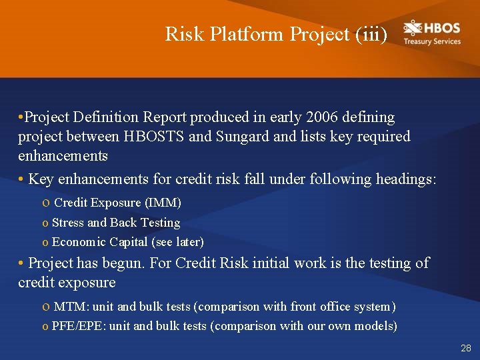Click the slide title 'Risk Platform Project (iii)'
276,34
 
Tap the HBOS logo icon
413,29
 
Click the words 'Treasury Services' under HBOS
432,41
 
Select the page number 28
465,348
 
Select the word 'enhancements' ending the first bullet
63,156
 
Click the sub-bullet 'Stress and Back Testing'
116,222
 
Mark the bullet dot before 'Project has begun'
21,263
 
